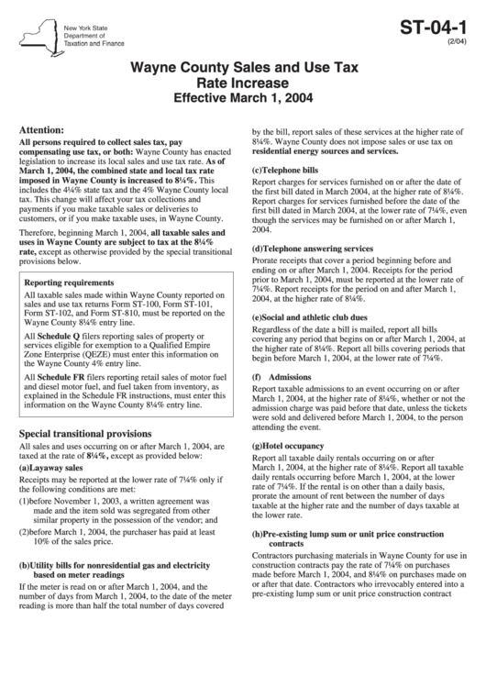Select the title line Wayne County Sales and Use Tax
click(x=243, y=68)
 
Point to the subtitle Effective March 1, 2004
click(x=243, y=98)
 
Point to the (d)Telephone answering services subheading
click(x=312, y=248)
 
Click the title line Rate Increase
click(x=243, y=83)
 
